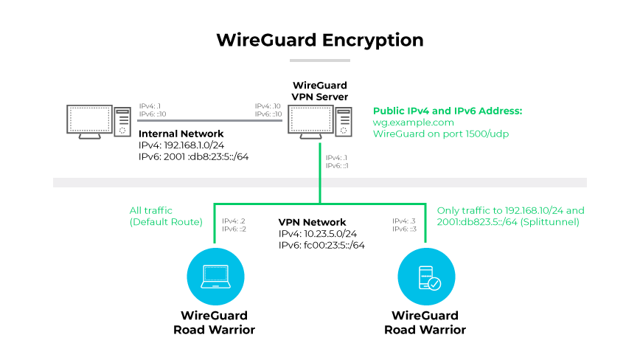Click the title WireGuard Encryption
[x=319, y=40]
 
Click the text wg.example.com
[x=413, y=122]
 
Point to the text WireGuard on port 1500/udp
[x=441, y=134]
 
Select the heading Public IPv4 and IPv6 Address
[x=448, y=111]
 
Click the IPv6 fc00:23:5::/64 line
[x=321, y=245]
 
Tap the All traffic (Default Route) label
[x=165, y=215]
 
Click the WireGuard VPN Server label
[x=319, y=91]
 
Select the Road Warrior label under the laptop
[x=214, y=323]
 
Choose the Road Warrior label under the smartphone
[x=425, y=323]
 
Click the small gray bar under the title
[x=319, y=60]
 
